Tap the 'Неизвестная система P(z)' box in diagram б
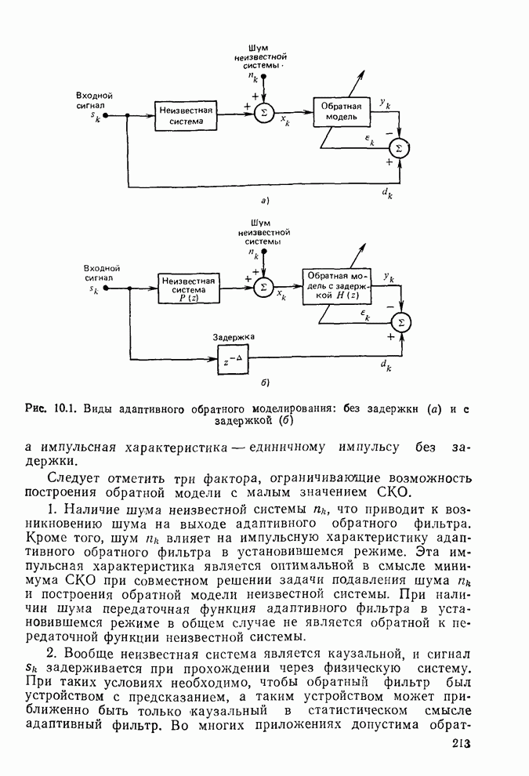point(187,288)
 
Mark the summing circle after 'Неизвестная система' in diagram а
point(263,112)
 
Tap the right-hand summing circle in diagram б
point(400,321)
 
